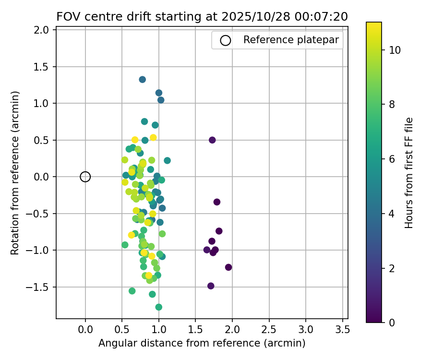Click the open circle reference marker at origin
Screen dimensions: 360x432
tap(85, 177)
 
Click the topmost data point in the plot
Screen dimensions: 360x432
tap(143, 80)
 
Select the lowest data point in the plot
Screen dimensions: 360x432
tap(159, 307)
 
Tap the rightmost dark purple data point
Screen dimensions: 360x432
tap(228, 267)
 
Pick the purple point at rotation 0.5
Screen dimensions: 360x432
tap(212, 140)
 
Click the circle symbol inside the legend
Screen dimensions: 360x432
tap(226, 40)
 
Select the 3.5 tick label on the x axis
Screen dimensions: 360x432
tap(342, 330)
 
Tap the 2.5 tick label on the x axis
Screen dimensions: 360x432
tap(269, 330)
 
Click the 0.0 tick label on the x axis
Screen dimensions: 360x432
tap(85, 330)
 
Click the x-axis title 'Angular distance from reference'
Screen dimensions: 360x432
tap(202, 343)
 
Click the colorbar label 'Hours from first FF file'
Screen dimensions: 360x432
tap(409, 173)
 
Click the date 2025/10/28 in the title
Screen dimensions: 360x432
tap(251, 17)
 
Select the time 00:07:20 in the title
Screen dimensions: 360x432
tap(324, 17)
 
